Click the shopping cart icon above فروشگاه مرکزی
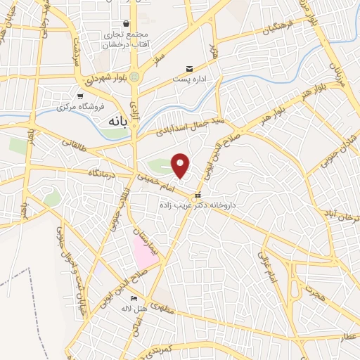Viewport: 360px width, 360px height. pos(81,96)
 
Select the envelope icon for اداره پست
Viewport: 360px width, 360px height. pos(188,68)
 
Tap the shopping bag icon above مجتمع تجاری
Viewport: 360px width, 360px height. pos(126,23)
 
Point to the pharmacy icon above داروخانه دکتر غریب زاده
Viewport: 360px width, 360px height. pos(198,195)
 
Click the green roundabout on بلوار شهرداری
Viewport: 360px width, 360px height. pos(134,76)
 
